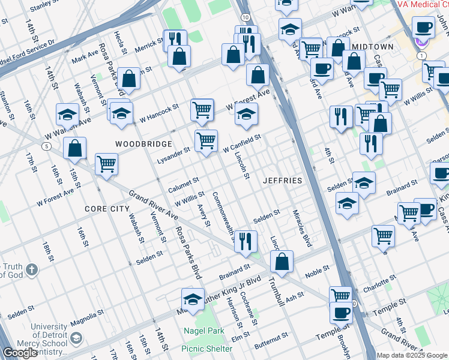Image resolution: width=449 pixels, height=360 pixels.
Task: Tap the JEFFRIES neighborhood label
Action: coord(282,180)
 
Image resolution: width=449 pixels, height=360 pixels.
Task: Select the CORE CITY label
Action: coord(107,208)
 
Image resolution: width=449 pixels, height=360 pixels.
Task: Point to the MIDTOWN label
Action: coord(373,46)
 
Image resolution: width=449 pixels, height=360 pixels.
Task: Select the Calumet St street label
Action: coord(183,182)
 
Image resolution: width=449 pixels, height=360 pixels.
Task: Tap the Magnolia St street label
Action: coord(84,324)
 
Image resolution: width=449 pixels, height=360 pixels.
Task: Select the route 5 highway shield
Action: coord(46,146)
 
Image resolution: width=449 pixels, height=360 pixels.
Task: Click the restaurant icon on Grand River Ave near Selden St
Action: coord(245,241)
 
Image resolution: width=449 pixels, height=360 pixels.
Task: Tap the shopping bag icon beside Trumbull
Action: coord(282,262)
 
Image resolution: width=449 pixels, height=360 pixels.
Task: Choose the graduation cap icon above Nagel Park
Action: coord(192,299)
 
